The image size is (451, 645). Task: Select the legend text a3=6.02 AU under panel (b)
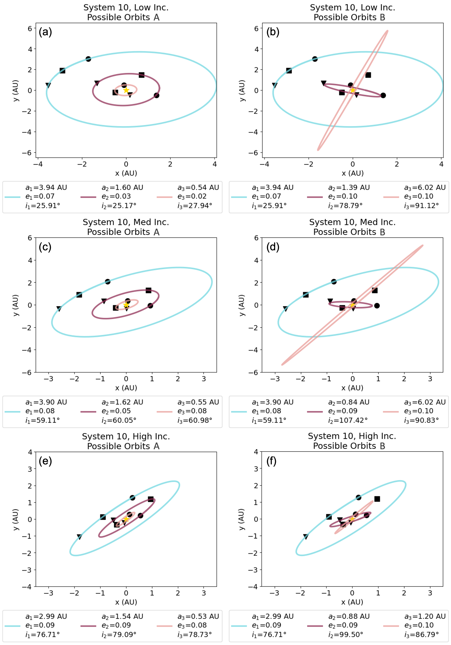pos(425,187)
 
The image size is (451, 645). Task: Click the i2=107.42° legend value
pos(348,420)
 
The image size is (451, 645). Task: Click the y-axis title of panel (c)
pos(16,305)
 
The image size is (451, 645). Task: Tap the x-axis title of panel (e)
pos(126,602)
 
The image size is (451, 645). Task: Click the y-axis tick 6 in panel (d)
pos(256,238)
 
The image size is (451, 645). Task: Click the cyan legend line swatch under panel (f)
pos(239,626)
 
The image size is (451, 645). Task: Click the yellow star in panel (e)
pos(126,519)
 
